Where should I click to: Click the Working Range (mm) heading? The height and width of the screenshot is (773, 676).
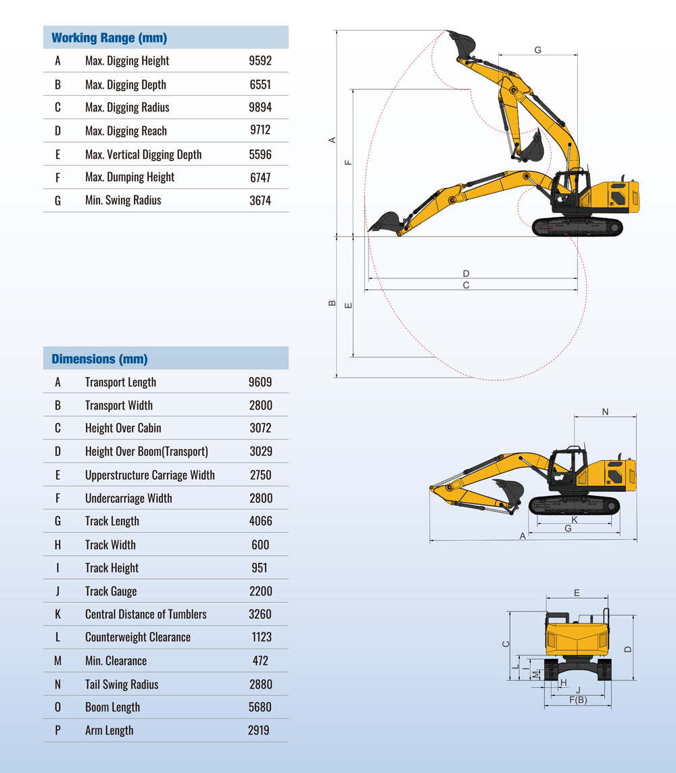coord(109,38)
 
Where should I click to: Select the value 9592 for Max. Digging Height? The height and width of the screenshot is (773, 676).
coord(260,61)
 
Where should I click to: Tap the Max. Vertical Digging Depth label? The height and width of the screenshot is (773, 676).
coord(143,154)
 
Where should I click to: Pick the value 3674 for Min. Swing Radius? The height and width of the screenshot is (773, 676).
coord(260,200)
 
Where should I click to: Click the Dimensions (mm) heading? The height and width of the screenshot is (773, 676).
coord(99,359)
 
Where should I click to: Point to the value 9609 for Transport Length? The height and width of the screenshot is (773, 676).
coord(260,382)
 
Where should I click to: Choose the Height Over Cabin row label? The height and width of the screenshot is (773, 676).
coord(123,428)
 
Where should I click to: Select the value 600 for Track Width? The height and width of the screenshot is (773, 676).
coord(260,545)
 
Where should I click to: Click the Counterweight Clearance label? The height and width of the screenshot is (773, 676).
coord(138,637)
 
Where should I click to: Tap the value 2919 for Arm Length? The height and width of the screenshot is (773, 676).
coord(259,730)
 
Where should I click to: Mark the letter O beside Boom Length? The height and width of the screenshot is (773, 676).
coord(57,707)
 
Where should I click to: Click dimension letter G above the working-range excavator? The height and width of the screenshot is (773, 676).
coord(538,50)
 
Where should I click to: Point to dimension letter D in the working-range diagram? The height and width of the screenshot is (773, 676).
coord(466,273)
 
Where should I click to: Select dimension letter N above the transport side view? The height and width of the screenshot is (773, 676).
coord(605,412)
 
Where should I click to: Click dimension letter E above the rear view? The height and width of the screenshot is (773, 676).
coord(577,593)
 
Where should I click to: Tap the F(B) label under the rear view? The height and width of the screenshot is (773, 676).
coord(578,699)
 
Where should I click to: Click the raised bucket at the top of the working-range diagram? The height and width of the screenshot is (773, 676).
coord(462,45)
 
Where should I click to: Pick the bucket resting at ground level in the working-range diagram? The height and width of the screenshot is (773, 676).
coord(385,224)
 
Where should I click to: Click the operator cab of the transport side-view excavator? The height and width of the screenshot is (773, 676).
coord(567,468)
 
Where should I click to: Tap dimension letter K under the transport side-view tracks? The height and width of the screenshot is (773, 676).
coord(575,520)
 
